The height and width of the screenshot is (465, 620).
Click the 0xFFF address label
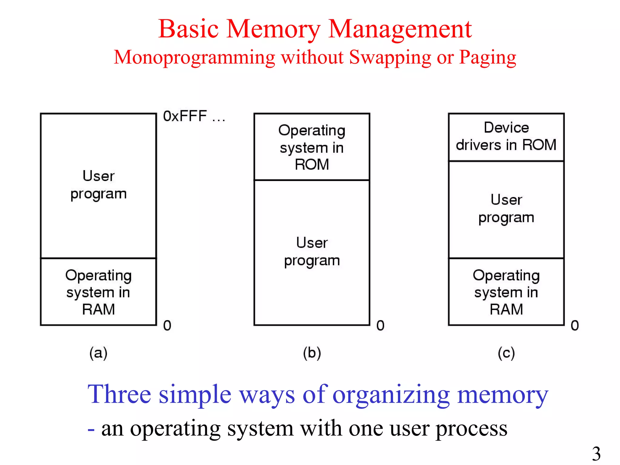click(194, 116)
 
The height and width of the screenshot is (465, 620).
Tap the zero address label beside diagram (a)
click(167, 325)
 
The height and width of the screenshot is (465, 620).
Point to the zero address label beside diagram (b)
click(380, 325)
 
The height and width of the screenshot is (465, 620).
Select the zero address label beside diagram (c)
click(575, 325)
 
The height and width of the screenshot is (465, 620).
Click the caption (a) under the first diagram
click(98, 353)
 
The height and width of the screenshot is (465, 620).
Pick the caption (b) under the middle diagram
click(312, 353)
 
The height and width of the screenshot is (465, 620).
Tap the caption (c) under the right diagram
click(506, 353)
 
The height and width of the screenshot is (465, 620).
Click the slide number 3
click(596, 453)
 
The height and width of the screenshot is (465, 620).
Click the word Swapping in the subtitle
click(390, 58)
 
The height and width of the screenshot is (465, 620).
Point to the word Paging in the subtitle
click(487, 58)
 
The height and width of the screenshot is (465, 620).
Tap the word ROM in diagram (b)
click(312, 165)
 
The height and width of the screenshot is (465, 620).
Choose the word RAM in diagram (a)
click(98, 309)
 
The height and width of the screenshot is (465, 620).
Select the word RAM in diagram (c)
click(506, 309)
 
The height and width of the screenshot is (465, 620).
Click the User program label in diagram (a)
click(98, 185)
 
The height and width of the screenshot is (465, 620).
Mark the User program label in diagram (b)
click(312, 252)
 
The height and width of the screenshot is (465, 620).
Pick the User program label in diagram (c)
click(506, 209)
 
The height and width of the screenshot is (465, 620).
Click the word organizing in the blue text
click(391, 395)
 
